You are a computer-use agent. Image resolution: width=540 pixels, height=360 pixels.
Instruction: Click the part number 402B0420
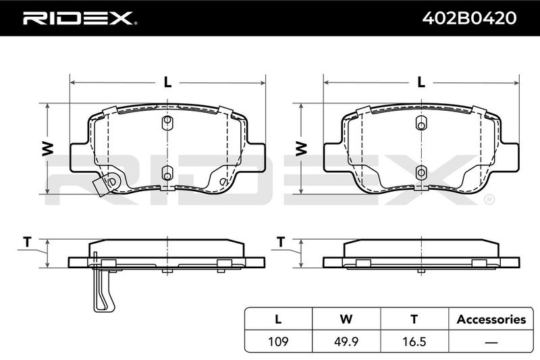click(469, 18)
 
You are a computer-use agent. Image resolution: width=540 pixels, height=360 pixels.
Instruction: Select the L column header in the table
click(278, 319)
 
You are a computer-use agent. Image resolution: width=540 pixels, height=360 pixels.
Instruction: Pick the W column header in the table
click(346, 319)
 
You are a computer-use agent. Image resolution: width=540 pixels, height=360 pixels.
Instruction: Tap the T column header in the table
click(414, 319)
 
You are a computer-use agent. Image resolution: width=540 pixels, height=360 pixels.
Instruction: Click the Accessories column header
click(491, 319)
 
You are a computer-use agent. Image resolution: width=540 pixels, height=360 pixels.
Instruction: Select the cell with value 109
click(278, 341)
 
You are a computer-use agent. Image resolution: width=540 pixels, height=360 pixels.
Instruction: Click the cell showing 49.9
click(346, 341)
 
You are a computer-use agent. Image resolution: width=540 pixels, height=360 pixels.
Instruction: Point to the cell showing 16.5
click(414, 341)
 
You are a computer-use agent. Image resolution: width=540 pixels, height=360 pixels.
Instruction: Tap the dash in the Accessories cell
click(491, 342)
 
